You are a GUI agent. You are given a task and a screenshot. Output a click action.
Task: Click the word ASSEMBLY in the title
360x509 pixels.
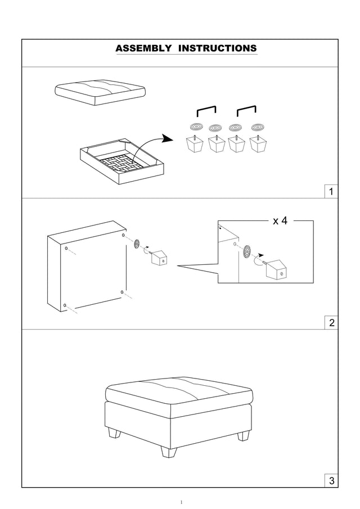[x=143, y=48]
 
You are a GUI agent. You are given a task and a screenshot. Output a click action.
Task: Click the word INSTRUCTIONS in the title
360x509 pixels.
[x=218, y=48]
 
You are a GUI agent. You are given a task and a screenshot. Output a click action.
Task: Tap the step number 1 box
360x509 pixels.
[x=331, y=192]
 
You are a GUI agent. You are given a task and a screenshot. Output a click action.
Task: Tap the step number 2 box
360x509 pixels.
[x=331, y=323]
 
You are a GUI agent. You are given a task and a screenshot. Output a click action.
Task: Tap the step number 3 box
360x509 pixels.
[x=331, y=480]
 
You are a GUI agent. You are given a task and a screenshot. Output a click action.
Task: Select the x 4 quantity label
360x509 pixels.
[x=280, y=221]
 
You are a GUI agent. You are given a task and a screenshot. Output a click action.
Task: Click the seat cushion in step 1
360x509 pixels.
[x=100, y=92]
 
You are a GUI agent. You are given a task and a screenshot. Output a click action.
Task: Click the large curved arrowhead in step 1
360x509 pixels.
[x=168, y=138]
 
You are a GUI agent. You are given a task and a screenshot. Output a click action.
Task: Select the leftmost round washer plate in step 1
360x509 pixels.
[x=196, y=127]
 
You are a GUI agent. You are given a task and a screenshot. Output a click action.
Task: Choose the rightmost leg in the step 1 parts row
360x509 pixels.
[x=258, y=144]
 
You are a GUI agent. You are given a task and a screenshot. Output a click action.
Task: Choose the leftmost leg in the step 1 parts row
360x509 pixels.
[x=195, y=144]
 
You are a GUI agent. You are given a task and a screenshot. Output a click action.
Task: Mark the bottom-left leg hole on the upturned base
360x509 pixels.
[x=65, y=305]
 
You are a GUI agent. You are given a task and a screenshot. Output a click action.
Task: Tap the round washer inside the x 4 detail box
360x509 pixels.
[x=247, y=251]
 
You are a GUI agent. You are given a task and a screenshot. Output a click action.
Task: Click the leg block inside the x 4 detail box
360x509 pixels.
[x=276, y=269]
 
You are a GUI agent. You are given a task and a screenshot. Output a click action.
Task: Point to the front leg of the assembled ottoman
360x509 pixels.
[x=169, y=452]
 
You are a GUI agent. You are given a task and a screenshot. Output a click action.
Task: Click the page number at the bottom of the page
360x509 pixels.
[x=181, y=502]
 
